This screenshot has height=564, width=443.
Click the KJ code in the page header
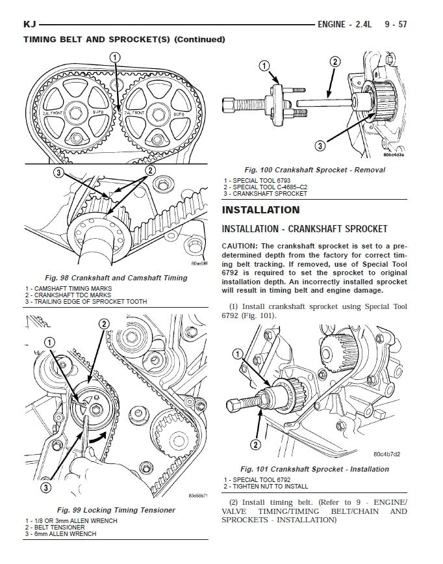pyautogui.click(x=29, y=25)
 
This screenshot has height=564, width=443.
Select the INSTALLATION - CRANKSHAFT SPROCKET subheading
pyautogui.click(x=305, y=229)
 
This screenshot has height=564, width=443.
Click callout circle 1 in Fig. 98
pyautogui.click(x=115, y=58)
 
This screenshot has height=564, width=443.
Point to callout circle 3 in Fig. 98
pyautogui.click(x=58, y=172)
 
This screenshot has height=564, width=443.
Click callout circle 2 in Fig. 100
pyautogui.click(x=335, y=62)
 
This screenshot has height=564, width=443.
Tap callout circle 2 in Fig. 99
pyautogui.click(x=104, y=325)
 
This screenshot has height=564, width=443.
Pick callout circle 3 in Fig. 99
pyautogui.click(x=45, y=487)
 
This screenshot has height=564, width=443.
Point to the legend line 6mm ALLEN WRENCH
pyautogui.click(x=63, y=534)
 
